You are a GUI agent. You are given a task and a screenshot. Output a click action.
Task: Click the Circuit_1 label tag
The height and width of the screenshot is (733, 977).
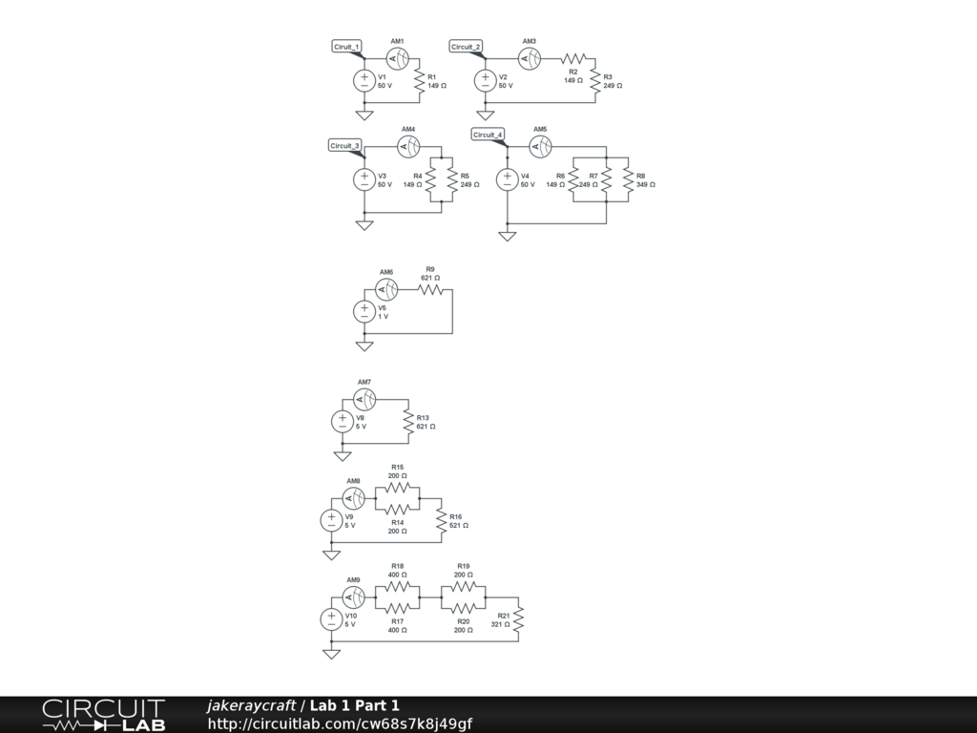tap(346, 47)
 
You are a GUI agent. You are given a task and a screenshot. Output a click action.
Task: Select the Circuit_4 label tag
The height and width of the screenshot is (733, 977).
tap(488, 135)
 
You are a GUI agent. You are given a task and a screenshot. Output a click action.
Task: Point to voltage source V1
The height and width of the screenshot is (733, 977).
tap(364, 81)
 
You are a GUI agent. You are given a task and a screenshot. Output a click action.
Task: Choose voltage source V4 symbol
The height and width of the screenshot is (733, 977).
tap(507, 180)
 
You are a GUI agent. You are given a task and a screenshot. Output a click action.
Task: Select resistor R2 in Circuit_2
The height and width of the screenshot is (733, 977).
tap(572, 58)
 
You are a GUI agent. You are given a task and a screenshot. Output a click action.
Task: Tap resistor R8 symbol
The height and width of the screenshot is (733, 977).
tap(628, 180)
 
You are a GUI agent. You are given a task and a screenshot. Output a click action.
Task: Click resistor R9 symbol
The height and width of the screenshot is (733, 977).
tap(430, 288)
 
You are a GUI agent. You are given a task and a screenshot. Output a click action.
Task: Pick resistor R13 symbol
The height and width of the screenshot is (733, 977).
tap(408, 422)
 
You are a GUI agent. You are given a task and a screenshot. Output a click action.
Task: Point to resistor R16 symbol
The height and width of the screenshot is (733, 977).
tap(442, 521)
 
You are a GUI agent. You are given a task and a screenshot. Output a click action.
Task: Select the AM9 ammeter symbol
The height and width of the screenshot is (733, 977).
tap(354, 597)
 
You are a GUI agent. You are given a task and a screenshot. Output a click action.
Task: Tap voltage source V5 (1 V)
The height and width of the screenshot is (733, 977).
tap(364, 311)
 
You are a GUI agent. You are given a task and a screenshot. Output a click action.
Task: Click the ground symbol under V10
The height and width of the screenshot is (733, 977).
tap(331, 654)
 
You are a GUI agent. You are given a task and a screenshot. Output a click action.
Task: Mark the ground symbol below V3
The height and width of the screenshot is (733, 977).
tap(364, 225)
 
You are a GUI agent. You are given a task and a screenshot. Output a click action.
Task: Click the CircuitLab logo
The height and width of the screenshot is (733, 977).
tap(103, 714)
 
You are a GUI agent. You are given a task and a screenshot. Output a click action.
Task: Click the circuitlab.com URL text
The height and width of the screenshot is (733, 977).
tap(340, 724)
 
